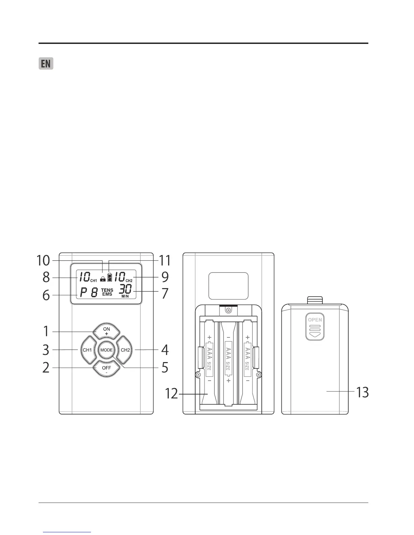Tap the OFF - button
pyautogui.click(x=107, y=369)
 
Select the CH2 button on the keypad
pyautogui.click(x=125, y=350)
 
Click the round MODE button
pyautogui.click(x=107, y=350)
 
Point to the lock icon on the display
pyautogui.click(x=103, y=279)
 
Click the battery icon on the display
pyautogui.click(x=109, y=277)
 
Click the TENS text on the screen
pyautogui.click(x=107, y=290)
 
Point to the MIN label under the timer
pyautogui.click(x=125, y=297)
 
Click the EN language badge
pyautogui.click(x=46, y=64)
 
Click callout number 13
pyautogui.click(x=362, y=392)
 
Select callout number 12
pyautogui.click(x=171, y=394)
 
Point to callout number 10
pyautogui.click(x=43, y=261)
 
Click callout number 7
pyautogui.click(x=165, y=293)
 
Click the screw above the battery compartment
pyautogui.click(x=229, y=310)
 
